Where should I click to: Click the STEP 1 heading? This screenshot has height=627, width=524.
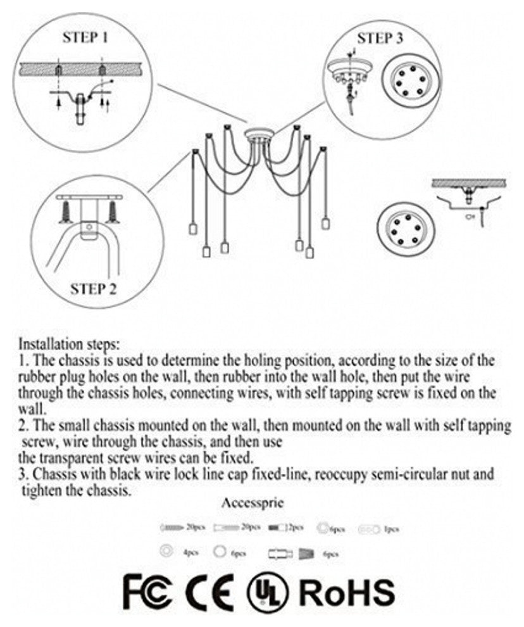84,37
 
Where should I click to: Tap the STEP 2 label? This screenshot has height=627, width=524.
93,290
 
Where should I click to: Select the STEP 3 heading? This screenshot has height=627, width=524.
380,38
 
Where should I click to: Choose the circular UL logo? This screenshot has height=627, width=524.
268,593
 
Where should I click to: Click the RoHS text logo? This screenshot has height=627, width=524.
347,592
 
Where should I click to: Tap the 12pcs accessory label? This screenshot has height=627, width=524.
295,527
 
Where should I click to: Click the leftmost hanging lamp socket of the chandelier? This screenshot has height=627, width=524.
190,228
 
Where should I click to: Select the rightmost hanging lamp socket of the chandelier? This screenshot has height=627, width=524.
325,223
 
